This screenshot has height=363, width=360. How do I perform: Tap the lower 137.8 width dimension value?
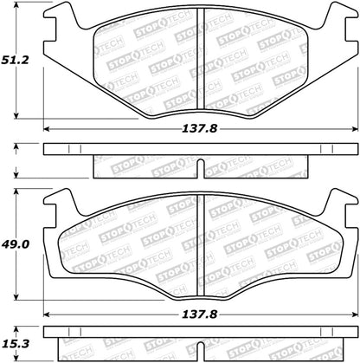pyautogui.click(x=198, y=315)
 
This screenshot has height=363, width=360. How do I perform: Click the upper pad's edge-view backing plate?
pyautogui.click(x=198, y=149)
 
